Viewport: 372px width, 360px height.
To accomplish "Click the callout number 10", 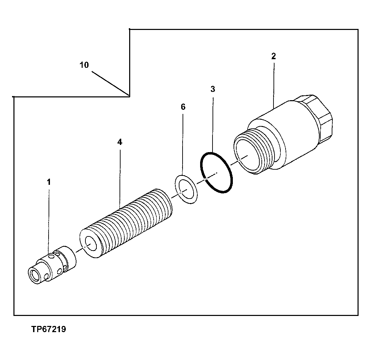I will (x=84, y=65).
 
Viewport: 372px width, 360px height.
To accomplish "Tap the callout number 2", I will (x=273, y=56).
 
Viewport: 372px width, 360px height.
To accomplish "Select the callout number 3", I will (x=213, y=89).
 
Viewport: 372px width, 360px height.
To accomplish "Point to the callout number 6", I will (x=183, y=107).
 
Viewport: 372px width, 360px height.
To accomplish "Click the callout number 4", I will (x=120, y=142).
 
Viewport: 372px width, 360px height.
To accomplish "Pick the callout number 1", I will (x=49, y=182).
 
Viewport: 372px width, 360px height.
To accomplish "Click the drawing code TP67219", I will (x=49, y=329).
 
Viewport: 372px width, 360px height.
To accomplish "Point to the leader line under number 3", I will (x=213, y=124).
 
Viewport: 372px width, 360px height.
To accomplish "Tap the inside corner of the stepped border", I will (x=130, y=96).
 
